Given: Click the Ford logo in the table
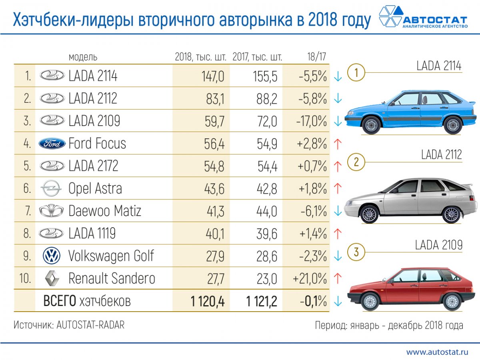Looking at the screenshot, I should point(52,144).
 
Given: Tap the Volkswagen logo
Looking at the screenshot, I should point(52,256).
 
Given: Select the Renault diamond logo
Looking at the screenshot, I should point(52,278).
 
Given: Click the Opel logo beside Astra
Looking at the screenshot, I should point(52,188).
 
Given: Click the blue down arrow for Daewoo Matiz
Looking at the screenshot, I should point(338,211).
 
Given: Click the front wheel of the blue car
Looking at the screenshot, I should point(372,125).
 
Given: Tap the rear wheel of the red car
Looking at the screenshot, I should point(452,301).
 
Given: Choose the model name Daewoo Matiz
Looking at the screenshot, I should point(105,211).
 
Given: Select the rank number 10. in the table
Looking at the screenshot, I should point(25,278).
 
